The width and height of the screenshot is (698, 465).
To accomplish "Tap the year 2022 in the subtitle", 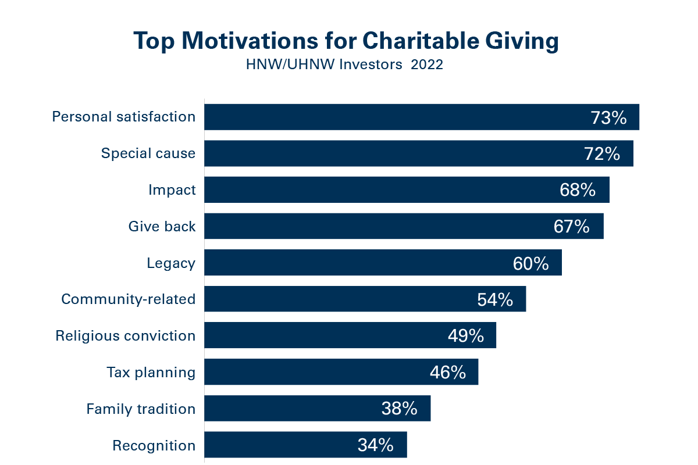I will (x=427, y=65).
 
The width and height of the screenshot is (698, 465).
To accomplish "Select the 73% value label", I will (x=608, y=118).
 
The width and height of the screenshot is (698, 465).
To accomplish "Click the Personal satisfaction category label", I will (x=124, y=117).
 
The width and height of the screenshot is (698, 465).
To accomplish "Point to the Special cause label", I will (x=148, y=153).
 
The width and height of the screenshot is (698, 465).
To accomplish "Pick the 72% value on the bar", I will (x=602, y=154).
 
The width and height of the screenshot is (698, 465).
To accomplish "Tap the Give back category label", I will (x=162, y=227).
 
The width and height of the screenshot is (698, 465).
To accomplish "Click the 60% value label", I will (x=530, y=264).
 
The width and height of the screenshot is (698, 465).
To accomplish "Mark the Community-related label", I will (x=129, y=299).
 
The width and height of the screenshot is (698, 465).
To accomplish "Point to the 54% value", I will (x=495, y=300).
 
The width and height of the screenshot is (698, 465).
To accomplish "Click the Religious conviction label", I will (x=126, y=336).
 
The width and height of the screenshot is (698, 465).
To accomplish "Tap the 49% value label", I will (x=466, y=337).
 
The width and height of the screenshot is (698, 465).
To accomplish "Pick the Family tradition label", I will (x=141, y=409).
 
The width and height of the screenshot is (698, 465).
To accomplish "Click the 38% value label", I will (x=400, y=409).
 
